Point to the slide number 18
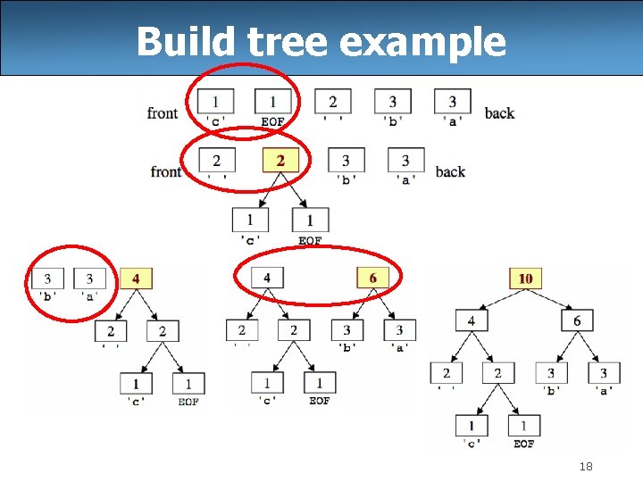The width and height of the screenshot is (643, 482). [x=586, y=466]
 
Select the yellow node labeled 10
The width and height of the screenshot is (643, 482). [x=525, y=278]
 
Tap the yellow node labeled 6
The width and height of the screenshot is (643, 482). [x=372, y=278]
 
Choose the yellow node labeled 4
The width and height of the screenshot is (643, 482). [x=136, y=278]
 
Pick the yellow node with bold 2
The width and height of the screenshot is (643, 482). [x=280, y=161]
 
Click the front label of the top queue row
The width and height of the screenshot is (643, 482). [x=163, y=112]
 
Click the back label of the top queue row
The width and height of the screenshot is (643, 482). [x=499, y=112]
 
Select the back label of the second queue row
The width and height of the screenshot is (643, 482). [x=450, y=171]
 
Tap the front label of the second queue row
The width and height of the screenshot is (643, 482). [x=166, y=171]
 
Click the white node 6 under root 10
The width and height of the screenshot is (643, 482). [x=577, y=320]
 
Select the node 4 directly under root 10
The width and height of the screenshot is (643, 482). [x=471, y=320]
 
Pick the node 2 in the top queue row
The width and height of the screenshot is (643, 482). [x=332, y=102]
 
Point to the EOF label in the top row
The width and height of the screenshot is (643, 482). [x=272, y=121]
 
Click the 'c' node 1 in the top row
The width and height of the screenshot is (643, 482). [x=215, y=102]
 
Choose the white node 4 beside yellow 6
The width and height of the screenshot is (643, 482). [x=267, y=278]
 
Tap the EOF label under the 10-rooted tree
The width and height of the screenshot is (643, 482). [x=524, y=444]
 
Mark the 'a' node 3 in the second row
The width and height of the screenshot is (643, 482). [x=405, y=161]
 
